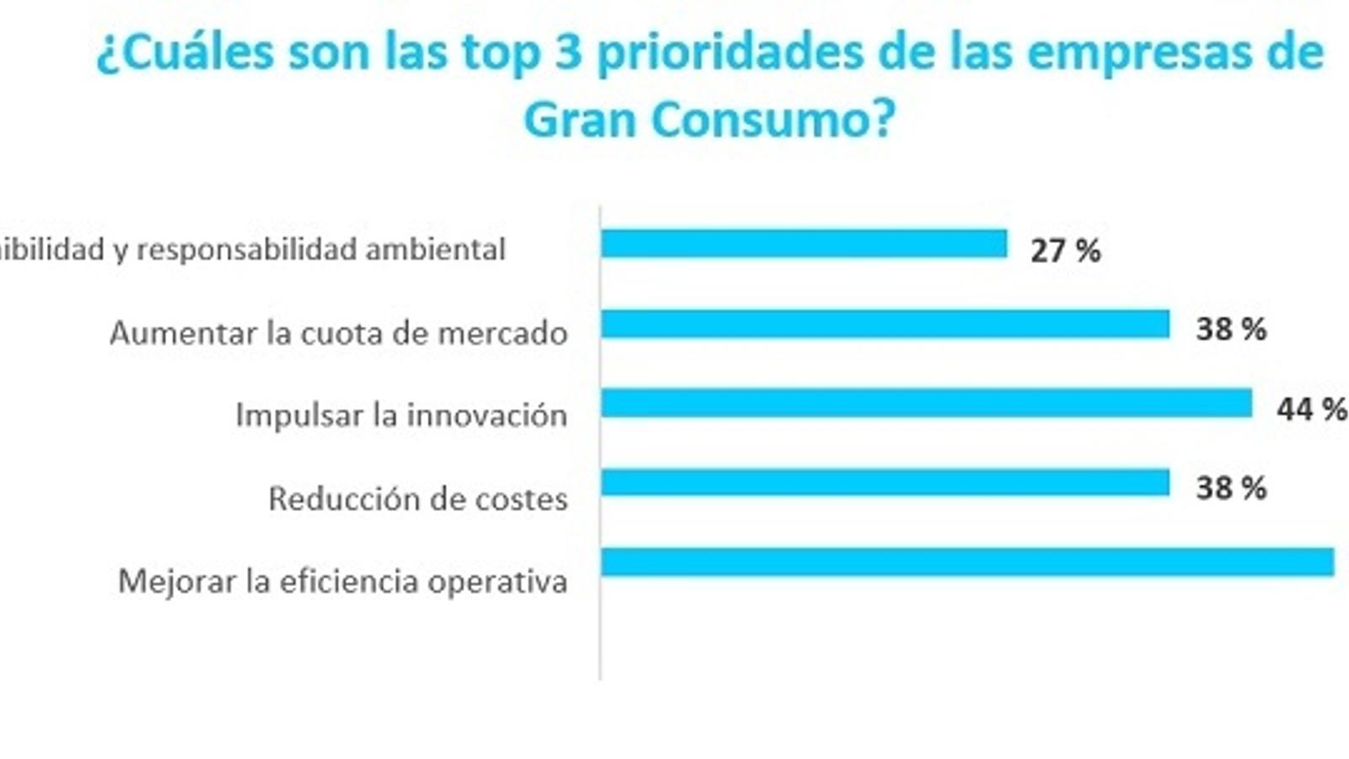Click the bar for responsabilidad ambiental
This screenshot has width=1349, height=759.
[x=803, y=244]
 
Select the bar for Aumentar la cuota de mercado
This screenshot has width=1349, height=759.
[x=885, y=325]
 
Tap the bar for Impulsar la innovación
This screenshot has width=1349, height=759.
[x=926, y=403]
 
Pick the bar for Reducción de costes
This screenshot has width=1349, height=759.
[x=885, y=483]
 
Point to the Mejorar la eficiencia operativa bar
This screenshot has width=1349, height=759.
[x=967, y=563]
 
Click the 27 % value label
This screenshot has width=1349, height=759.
[x=1065, y=250]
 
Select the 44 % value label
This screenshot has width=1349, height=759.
[x=1311, y=410]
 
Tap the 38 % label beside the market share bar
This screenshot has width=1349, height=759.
[x=1231, y=329]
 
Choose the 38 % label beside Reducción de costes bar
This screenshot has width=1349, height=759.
[x=1231, y=488]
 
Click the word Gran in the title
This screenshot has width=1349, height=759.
[x=578, y=121]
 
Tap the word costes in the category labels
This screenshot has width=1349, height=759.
[x=521, y=499]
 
